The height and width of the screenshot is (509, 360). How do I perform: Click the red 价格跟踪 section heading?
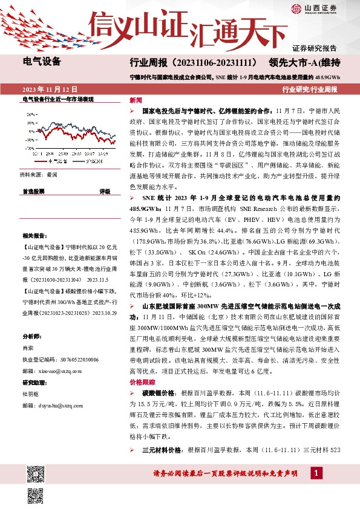(142, 383)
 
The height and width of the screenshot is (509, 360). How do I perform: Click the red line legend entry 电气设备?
(54, 161)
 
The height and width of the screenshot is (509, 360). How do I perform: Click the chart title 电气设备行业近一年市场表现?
(57, 98)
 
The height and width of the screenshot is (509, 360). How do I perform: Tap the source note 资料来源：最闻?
(39, 174)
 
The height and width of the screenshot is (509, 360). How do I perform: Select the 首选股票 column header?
(33, 191)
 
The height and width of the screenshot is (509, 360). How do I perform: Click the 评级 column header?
(104, 191)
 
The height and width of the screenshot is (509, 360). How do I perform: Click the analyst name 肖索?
(28, 348)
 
